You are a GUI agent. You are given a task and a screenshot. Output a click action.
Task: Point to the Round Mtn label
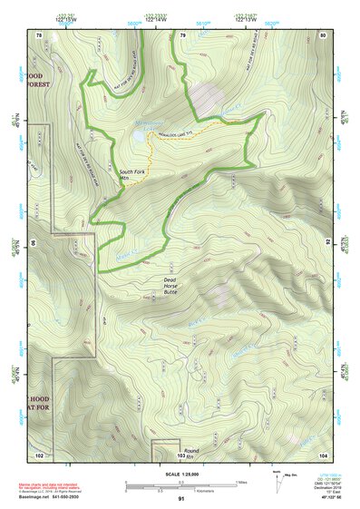pos(190,455)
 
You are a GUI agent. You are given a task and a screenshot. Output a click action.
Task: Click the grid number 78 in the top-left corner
pos(38,35)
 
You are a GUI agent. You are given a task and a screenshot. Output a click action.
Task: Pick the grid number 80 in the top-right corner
pos(323,35)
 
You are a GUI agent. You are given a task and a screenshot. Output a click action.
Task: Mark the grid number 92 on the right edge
pos(327,242)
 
